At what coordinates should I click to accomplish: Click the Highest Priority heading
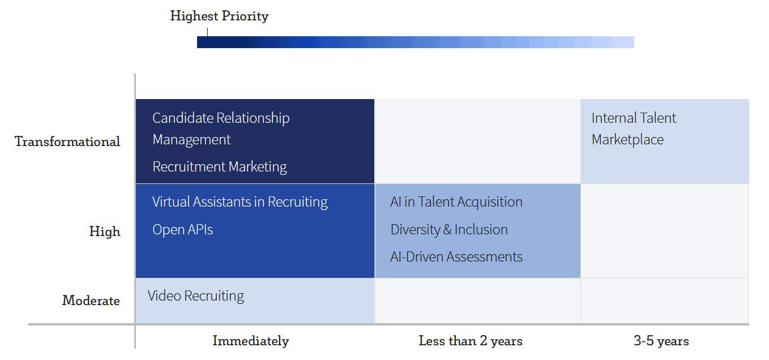pos(219,16)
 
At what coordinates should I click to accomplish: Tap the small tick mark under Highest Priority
pos(207,36)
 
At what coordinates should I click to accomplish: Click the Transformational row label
pos(67,142)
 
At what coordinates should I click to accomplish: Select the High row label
pos(105,232)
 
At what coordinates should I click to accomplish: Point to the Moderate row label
pos(91,301)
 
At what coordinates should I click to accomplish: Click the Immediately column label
pos(251,341)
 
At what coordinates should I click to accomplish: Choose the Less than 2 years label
pos(471,341)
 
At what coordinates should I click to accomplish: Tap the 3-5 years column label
pos(661,341)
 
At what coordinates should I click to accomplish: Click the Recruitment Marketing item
pos(220,167)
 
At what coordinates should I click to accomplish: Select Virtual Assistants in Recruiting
pos(240,202)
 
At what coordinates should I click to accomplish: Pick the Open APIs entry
pos(183,230)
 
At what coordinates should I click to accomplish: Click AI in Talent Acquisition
pos(456,202)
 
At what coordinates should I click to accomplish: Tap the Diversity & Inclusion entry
pos(449,230)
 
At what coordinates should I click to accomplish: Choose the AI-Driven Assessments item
pos(456,257)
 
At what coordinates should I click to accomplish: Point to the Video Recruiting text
pos(196,296)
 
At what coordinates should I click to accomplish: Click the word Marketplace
pos(627,140)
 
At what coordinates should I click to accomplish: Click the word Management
pos(191,140)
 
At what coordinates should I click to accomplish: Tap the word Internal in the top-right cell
pos(610,118)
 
